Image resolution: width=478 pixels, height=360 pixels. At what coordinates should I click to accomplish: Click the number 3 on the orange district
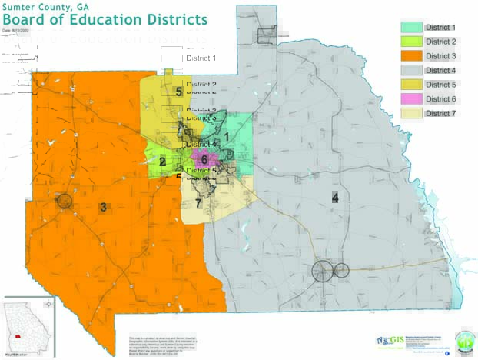coord(103,206)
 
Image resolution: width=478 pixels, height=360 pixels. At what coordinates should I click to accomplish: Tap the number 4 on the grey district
coord(334,197)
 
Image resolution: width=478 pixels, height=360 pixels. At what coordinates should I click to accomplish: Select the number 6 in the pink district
coord(204,158)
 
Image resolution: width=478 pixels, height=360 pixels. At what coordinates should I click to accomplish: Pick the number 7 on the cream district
coord(198,203)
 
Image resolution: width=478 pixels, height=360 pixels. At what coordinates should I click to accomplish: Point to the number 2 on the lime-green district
coord(162,162)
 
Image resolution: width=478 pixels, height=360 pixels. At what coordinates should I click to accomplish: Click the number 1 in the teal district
coord(226,136)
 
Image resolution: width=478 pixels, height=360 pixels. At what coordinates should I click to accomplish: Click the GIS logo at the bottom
coord(391,340)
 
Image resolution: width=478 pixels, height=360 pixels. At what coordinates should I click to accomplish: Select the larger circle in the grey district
coord(323,271)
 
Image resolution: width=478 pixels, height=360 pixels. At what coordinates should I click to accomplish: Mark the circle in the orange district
coord(65,202)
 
